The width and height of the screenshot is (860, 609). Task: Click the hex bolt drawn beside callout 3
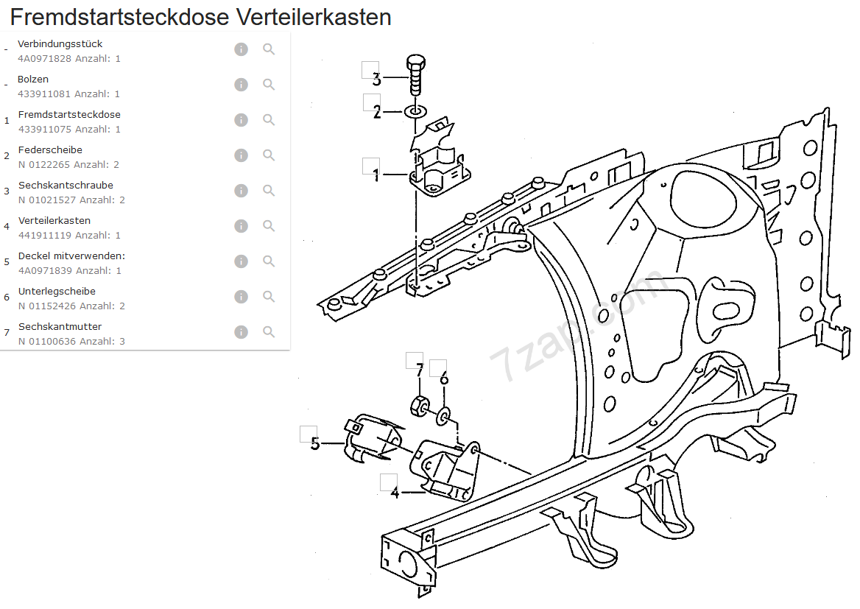[x=415, y=74]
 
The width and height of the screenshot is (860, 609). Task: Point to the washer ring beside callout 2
[x=415, y=112]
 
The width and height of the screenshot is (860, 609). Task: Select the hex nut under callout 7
[x=419, y=404]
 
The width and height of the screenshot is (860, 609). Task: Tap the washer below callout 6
[x=443, y=417]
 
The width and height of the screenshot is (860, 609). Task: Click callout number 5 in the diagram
[x=315, y=443]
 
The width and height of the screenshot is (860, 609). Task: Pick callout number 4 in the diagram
[x=395, y=493]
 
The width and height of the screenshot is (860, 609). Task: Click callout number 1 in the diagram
[x=376, y=176]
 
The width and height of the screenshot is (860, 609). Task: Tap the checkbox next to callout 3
[x=370, y=70]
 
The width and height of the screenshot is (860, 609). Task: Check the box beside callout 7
[x=415, y=360]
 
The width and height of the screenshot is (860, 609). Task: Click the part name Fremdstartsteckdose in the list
[x=69, y=114]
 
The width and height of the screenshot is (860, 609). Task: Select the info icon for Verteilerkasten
[x=241, y=226]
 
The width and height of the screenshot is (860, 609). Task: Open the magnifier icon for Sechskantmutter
[x=269, y=332]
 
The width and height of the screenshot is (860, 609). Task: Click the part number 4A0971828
[x=44, y=58]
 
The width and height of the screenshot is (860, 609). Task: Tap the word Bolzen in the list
[x=33, y=79]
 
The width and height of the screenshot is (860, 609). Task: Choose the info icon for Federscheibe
[x=241, y=155]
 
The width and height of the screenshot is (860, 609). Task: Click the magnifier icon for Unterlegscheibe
[x=269, y=297]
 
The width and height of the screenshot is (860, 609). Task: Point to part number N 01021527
[x=47, y=200]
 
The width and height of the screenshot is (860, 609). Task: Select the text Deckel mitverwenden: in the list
[x=71, y=256]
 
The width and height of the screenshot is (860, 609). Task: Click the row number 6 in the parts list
[x=7, y=298]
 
